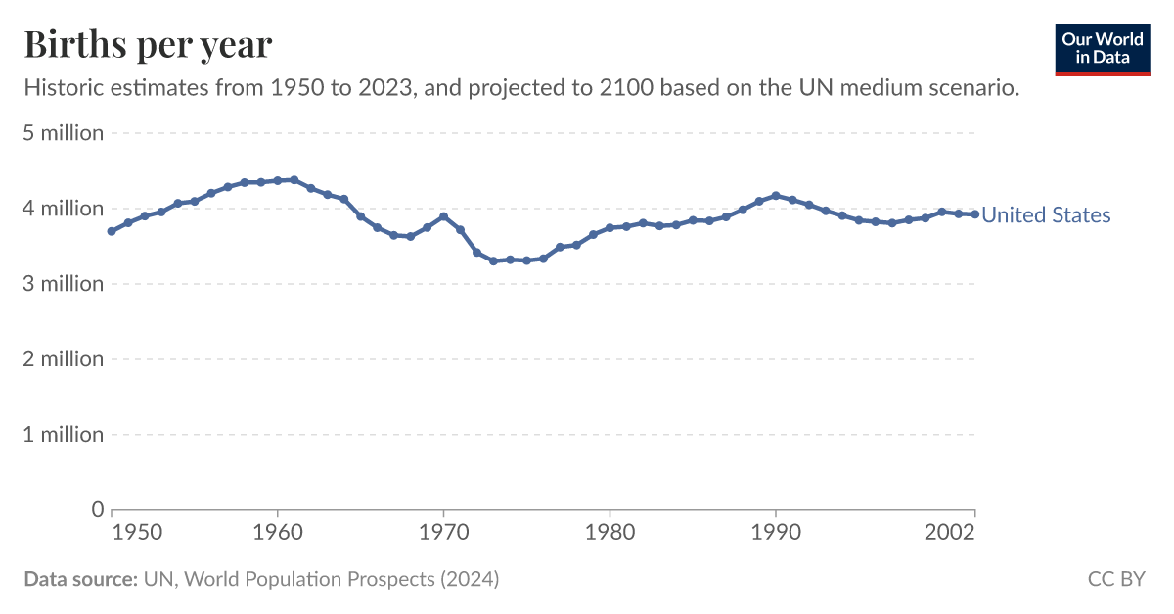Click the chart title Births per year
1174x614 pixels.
pyautogui.click(x=148, y=45)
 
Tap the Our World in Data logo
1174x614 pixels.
pyautogui.click(x=1103, y=48)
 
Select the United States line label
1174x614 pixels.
pyautogui.click(x=1046, y=215)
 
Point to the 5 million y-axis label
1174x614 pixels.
pyautogui.click(x=64, y=133)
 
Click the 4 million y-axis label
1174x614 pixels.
pyautogui.click(x=64, y=209)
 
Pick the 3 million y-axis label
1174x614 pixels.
pyautogui.click(x=64, y=284)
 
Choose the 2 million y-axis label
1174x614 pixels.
pyautogui.click(x=64, y=359)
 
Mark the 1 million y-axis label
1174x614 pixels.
pyautogui.click(x=64, y=435)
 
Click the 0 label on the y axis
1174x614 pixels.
pyautogui.click(x=97, y=509)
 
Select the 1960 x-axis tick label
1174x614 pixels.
pyautogui.click(x=278, y=533)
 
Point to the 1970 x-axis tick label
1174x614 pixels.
pyautogui.click(x=443, y=533)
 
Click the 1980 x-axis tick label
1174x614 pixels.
pyautogui.click(x=610, y=533)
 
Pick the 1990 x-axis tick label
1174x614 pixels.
pyautogui.click(x=776, y=533)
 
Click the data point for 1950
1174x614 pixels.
pyautogui.click(x=112, y=231)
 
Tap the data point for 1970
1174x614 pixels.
pyautogui.click(x=443, y=216)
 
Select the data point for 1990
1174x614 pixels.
pyautogui.click(x=776, y=196)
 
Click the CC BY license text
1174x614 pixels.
pyautogui.click(x=1116, y=579)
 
